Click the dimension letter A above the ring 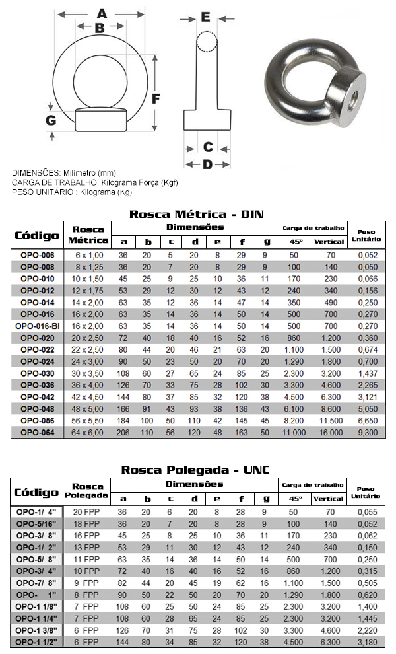point(102,13)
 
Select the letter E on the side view point(205,17)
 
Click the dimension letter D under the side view point(207,164)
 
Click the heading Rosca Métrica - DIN point(197,214)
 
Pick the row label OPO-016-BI point(38,326)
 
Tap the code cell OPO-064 point(38,433)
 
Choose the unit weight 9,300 point(368,433)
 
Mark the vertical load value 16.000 point(329,433)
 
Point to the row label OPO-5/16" point(38,523)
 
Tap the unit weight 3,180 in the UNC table point(368,641)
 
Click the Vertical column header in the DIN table point(329,241)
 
